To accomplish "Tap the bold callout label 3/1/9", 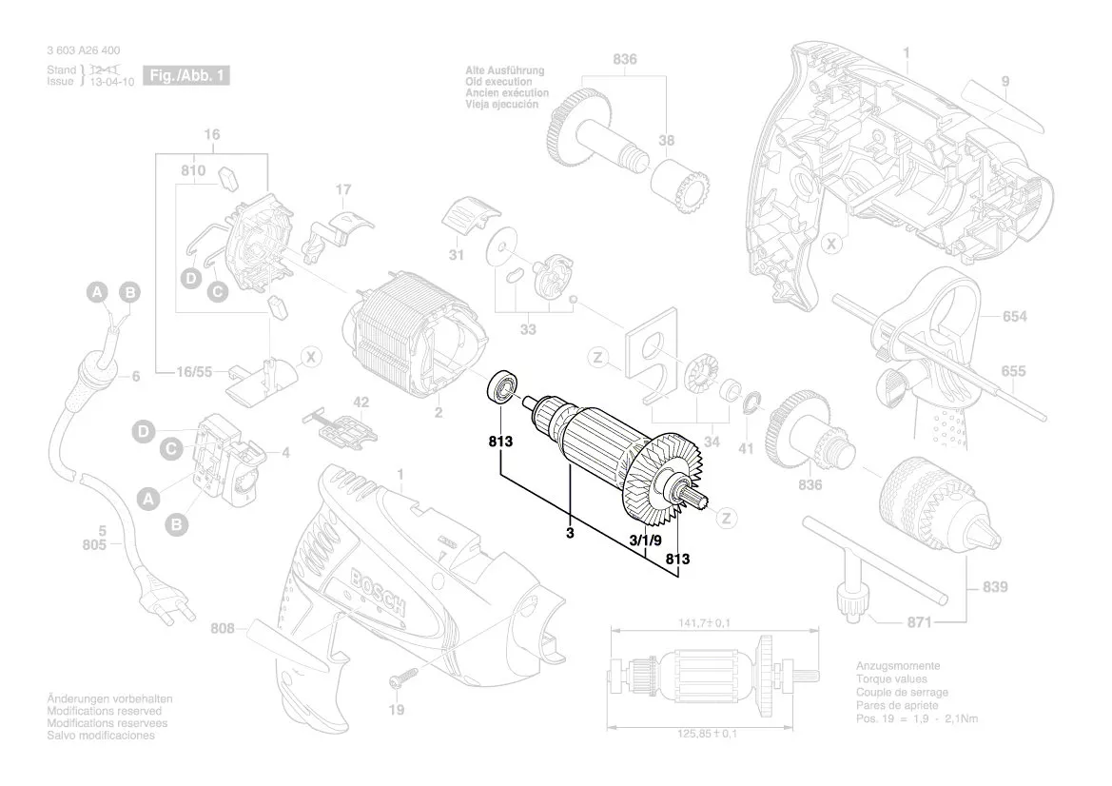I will (647, 539).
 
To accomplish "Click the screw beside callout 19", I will (403, 678).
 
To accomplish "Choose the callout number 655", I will (1014, 372).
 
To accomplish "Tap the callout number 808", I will (222, 628).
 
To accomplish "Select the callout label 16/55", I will (195, 373).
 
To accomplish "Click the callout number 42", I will (361, 402).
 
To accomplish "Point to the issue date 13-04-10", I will (110, 82).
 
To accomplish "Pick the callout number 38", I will (667, 141).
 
